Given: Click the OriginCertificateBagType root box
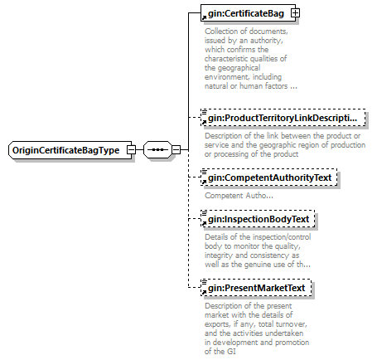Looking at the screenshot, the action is (x=70, y=150).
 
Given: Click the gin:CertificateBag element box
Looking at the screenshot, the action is (x=248, y=12).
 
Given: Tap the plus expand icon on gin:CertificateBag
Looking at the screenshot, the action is (x=295, y=13).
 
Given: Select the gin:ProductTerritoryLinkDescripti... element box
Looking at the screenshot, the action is (x=283, y=118).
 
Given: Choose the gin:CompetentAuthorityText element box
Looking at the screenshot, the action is (x=269, y=178).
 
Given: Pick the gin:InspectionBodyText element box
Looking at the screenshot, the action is (x=258, y=219).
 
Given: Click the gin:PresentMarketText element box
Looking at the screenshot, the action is (x=256, y=288).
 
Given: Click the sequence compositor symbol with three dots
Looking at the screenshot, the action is (x=157, y=150).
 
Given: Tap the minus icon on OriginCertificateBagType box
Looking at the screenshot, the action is (x=132, y=150).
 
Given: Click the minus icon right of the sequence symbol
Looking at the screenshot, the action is (x=176, y=150).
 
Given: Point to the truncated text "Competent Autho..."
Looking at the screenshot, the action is (x=239, y=196).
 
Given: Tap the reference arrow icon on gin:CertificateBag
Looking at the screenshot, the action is (x=204, y=18).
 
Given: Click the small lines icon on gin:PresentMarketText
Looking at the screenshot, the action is (x=204, y=282).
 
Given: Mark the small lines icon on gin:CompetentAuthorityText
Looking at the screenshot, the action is (x=204, y=172).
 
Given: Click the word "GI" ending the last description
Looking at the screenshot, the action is (x=231, y=352).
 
